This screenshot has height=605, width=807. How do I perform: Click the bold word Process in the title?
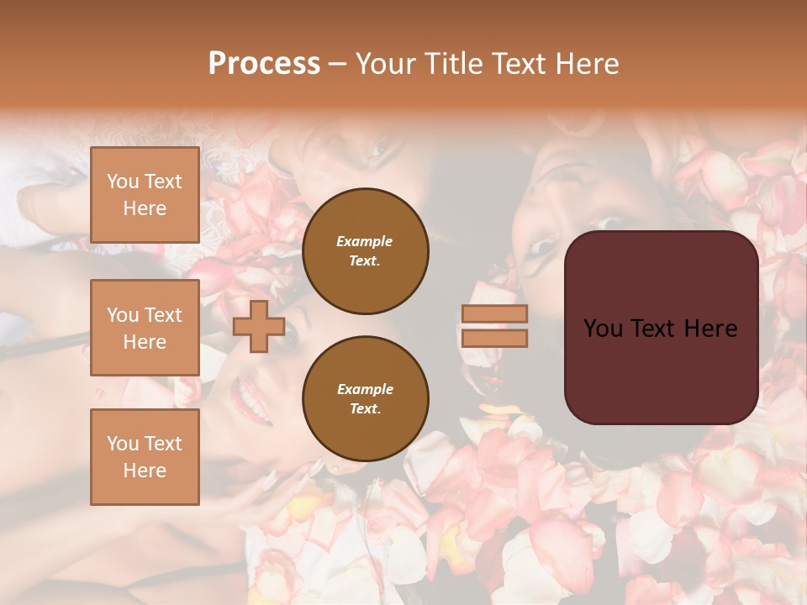264,64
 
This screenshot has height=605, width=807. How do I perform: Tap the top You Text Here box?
145,195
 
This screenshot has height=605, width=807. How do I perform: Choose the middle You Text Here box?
145,328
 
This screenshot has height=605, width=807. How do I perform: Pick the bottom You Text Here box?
145,456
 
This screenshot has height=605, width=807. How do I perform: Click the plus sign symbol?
259,327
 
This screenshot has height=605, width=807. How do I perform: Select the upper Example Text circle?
365,250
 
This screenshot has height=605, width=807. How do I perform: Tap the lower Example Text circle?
365,398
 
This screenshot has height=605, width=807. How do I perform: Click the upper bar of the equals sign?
494,313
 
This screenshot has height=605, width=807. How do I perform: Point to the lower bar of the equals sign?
494,338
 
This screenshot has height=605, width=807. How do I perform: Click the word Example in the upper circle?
365,241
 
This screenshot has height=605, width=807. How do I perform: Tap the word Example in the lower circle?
365,389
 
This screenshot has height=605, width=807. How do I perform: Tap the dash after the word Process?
338,65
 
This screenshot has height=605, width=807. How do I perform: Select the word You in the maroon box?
603,329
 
